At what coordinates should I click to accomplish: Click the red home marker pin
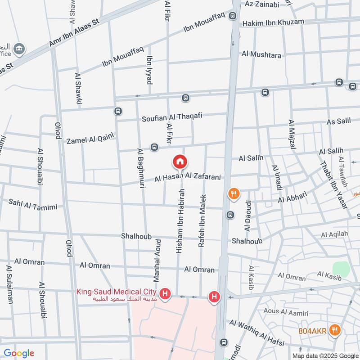click(x=180, y=161)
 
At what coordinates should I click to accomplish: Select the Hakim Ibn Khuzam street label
click(x=273, y=22)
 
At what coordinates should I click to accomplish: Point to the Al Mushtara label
click(x=261, y=55)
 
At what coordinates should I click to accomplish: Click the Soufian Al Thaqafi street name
click(x=171, y=118)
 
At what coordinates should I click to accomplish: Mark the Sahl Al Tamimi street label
click(x=33, y=204)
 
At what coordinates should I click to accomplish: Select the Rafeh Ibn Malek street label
click(x=202, y=220)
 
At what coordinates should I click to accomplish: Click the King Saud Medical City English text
click(x=116, y=291)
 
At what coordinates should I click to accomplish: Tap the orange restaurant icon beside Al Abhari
click(x=234, y=194)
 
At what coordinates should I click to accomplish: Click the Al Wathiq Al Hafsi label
click(x=257, y=333)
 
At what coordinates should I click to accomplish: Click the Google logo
click(x=19, y=353)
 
